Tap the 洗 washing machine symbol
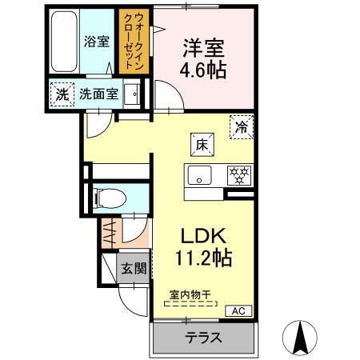(x=62, y=93)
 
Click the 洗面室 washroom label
(x=98, y=93)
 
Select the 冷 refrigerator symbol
(x=242, y=126)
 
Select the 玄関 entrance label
(x=134, y=269)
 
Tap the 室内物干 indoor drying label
(x=190, y=294)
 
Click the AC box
(x=238, y=311)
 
